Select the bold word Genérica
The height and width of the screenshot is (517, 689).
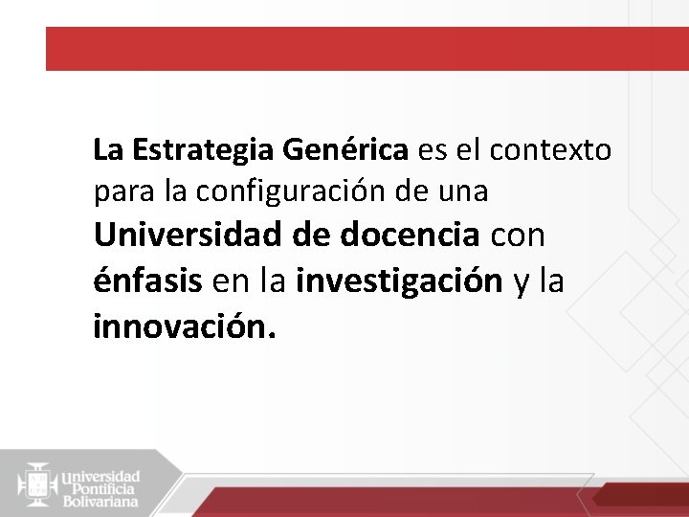(x=345, y=151)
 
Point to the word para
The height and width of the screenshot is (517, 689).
(x=122, y=192)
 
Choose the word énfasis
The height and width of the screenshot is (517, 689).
(x=147, y=281)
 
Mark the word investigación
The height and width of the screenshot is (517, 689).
(x=400, y=281)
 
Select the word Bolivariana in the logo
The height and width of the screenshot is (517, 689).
(x=100, y=501)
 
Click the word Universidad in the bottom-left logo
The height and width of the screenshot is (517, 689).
(x=101, y=474)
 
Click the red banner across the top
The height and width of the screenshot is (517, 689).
(x=367, y=49)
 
